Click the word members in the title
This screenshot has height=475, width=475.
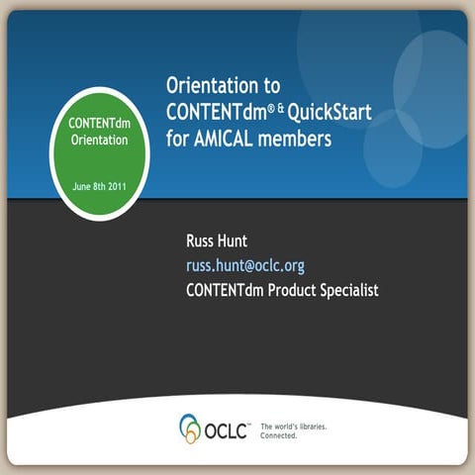[298, 138]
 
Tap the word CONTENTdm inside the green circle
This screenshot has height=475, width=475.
[99, 124]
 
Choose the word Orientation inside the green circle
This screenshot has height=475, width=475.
[99, 141]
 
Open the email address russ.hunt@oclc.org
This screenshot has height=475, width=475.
[244, 265]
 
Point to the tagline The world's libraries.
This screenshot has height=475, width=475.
[294, 426]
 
